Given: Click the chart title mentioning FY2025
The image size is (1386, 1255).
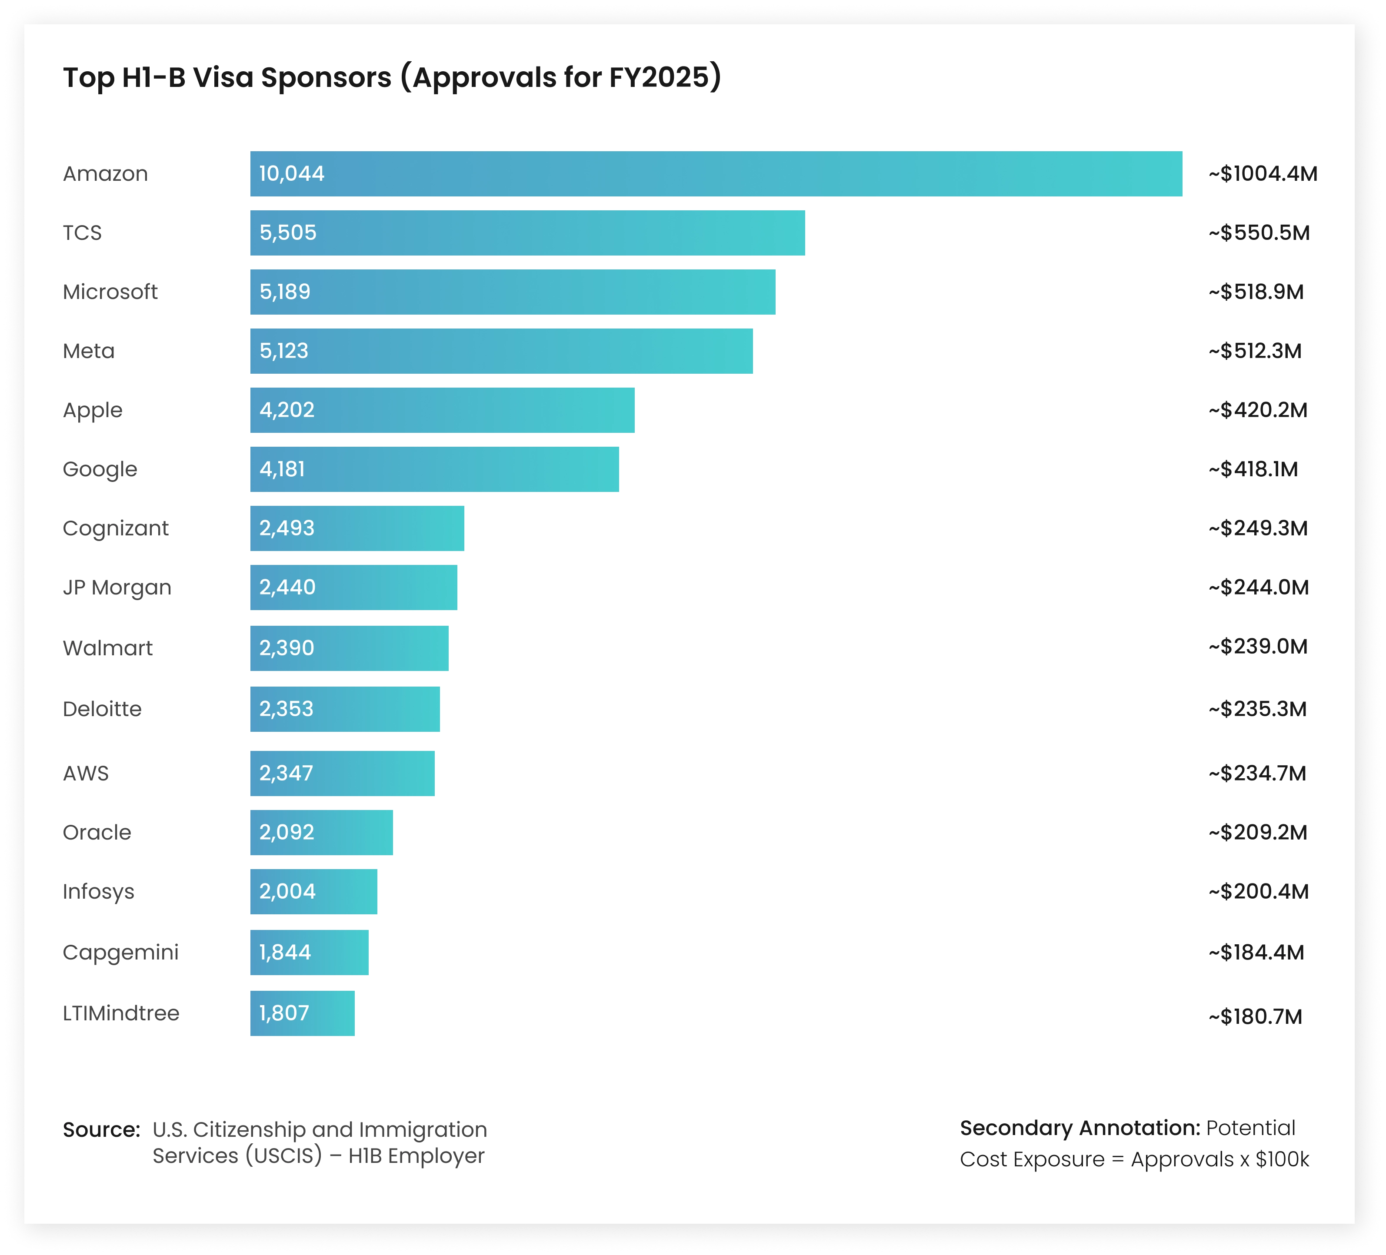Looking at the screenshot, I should click(x=392, y=77).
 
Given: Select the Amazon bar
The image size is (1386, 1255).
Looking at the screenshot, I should click(x=715, y=174).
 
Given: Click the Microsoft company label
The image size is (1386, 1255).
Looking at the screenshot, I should click(x=110, y=292).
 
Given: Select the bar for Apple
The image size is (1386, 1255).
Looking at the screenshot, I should click(x=442, y=410).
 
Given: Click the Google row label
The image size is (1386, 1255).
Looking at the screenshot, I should click(x=100, y=469).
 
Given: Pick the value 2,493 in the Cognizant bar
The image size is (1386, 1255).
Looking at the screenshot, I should click(x=287, y=528).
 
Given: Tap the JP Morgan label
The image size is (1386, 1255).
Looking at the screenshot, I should click(x=117, y=588).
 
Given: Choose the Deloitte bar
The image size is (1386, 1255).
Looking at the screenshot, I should click(x=344, y=709).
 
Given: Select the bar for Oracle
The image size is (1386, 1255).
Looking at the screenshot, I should click(x=321, y=832).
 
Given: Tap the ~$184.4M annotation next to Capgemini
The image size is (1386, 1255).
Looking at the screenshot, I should click(x=1256, y=953).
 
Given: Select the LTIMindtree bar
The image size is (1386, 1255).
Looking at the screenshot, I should click(x=302, y=1013).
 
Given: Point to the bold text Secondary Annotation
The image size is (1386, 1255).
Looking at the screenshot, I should click(x=1079, y=1128).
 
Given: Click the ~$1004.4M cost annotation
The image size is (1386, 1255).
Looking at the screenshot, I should click(x=1263, y=174).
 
